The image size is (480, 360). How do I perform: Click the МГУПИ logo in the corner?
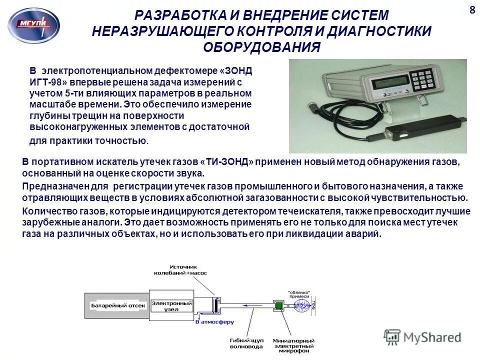[33, 25]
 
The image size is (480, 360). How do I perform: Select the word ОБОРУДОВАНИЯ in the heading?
[261, 47]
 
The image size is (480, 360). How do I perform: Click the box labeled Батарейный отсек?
[118, 305]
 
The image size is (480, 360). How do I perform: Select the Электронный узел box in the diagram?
[171, 305]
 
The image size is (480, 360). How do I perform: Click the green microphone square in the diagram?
[278, 305]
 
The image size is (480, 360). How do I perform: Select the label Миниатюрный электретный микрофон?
[293, 345]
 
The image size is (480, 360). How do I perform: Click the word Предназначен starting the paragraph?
[48, 185]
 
